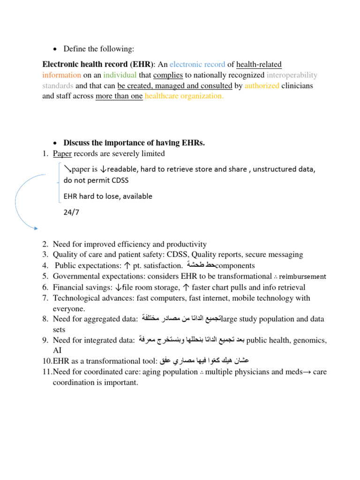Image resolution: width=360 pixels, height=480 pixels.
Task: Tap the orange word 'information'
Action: point(62,75)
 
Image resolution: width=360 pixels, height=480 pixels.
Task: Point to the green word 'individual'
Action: point(120,75)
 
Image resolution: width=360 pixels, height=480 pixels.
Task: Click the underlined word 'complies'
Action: point(168,75)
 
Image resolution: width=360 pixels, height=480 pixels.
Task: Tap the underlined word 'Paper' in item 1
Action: point(62,154)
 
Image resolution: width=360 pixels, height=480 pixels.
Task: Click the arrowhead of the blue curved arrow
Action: point(36,228)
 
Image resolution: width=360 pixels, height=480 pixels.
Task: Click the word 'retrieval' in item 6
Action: point(290,287)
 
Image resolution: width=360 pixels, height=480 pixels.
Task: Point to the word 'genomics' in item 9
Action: point(308,340)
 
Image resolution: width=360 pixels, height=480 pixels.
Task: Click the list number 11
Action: point(47,372)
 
